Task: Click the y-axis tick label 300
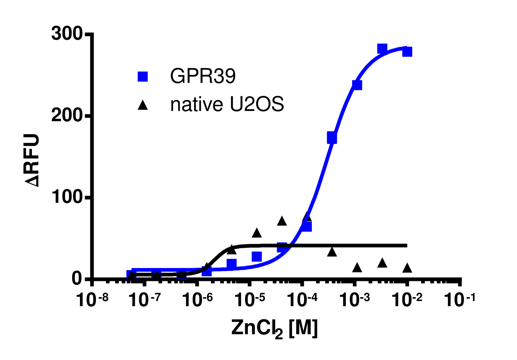pyautogui.click(x=67, y=35)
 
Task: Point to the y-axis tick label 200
pyautogui.click(x=67, y=116)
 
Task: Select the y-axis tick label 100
pyautogui.click(x=67, y=198)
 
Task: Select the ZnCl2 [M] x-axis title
pyautogui.click(x=274, y=328)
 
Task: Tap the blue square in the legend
pyautogui.click(x=143, y=76)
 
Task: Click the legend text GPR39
pyautogui.click(x=203, y=76)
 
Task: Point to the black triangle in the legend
pyautogui.click(x=143, y=105)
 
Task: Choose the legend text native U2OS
pyautogui.click(x=227, y=105)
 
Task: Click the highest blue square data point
pyautogui.click(x=382, y=49)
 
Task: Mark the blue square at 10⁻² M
pyautogui.click(x=407, y=51)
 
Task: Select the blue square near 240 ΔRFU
pyautogui.click(x=357, y=85)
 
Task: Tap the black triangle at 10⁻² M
pyautogui.click(x=407, y=268)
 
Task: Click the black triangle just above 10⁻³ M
pyautogui.click(x=357, y=268)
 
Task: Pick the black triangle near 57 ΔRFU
pyautogui.click(x=257, y=233)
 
